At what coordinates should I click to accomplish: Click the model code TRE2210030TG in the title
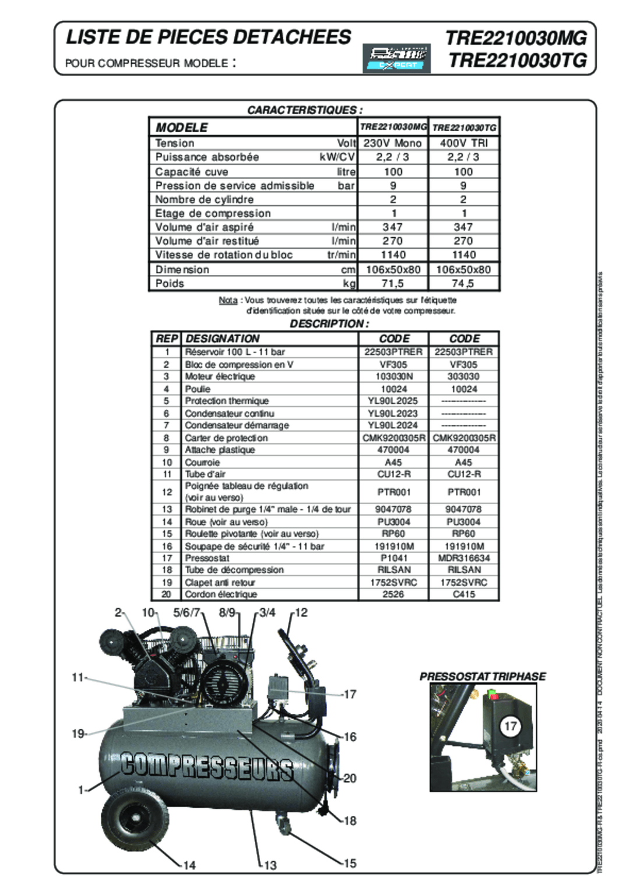[518, 61]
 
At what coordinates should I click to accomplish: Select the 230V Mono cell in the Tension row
[393, 143]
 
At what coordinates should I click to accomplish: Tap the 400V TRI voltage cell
[464, 143]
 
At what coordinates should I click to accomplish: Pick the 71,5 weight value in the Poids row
[393, 284]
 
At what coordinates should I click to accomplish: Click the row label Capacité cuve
[192, 172]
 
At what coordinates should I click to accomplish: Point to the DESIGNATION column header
[223, 339]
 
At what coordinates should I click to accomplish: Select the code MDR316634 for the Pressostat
[464, 558]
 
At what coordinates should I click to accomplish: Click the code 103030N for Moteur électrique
[393, 377]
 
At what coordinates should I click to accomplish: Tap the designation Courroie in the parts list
[202, 463]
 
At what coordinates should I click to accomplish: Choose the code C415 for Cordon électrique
[464, 594]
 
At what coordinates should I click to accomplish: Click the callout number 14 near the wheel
[189, 865]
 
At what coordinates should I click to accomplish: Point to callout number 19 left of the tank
[78, 734]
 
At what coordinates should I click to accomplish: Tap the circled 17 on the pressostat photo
[510, 726]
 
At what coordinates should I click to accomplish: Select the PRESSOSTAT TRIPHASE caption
[483, 676]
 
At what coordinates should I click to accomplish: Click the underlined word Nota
[228, 301]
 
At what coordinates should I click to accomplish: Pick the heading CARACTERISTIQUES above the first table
[305, 110]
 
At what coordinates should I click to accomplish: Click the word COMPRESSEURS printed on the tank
[208, 767]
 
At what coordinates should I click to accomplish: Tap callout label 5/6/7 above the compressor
[187, 613]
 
